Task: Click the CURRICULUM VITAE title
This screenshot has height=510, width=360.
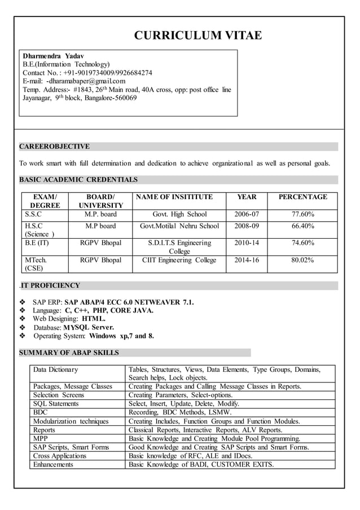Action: [197, 36]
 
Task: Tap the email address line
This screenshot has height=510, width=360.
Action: [74, 81]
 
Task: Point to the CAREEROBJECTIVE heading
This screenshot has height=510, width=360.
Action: [54, 147]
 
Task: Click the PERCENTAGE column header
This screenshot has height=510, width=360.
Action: [302, 197]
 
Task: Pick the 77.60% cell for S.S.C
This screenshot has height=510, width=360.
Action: [302, 214]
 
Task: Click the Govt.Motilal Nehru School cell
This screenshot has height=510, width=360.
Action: [179, 226]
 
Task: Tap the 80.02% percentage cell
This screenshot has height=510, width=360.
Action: [302, 260]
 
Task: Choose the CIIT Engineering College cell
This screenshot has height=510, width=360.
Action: [179, 260]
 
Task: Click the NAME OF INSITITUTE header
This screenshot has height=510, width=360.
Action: [174, 197]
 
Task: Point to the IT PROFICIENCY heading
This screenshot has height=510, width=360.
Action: [51, 285]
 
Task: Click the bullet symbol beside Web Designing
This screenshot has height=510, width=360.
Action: [23, 319]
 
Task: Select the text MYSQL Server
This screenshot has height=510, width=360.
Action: [89, 327]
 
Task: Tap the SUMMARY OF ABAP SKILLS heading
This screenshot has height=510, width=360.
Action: [69, 353]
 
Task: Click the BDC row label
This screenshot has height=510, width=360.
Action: [41, 412]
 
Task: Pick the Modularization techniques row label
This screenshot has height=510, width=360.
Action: [71, 421]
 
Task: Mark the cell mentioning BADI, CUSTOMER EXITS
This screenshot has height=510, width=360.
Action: [201, 464]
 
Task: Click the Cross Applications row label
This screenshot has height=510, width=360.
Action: [60, 456]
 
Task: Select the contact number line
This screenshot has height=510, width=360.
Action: [87, 73]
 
